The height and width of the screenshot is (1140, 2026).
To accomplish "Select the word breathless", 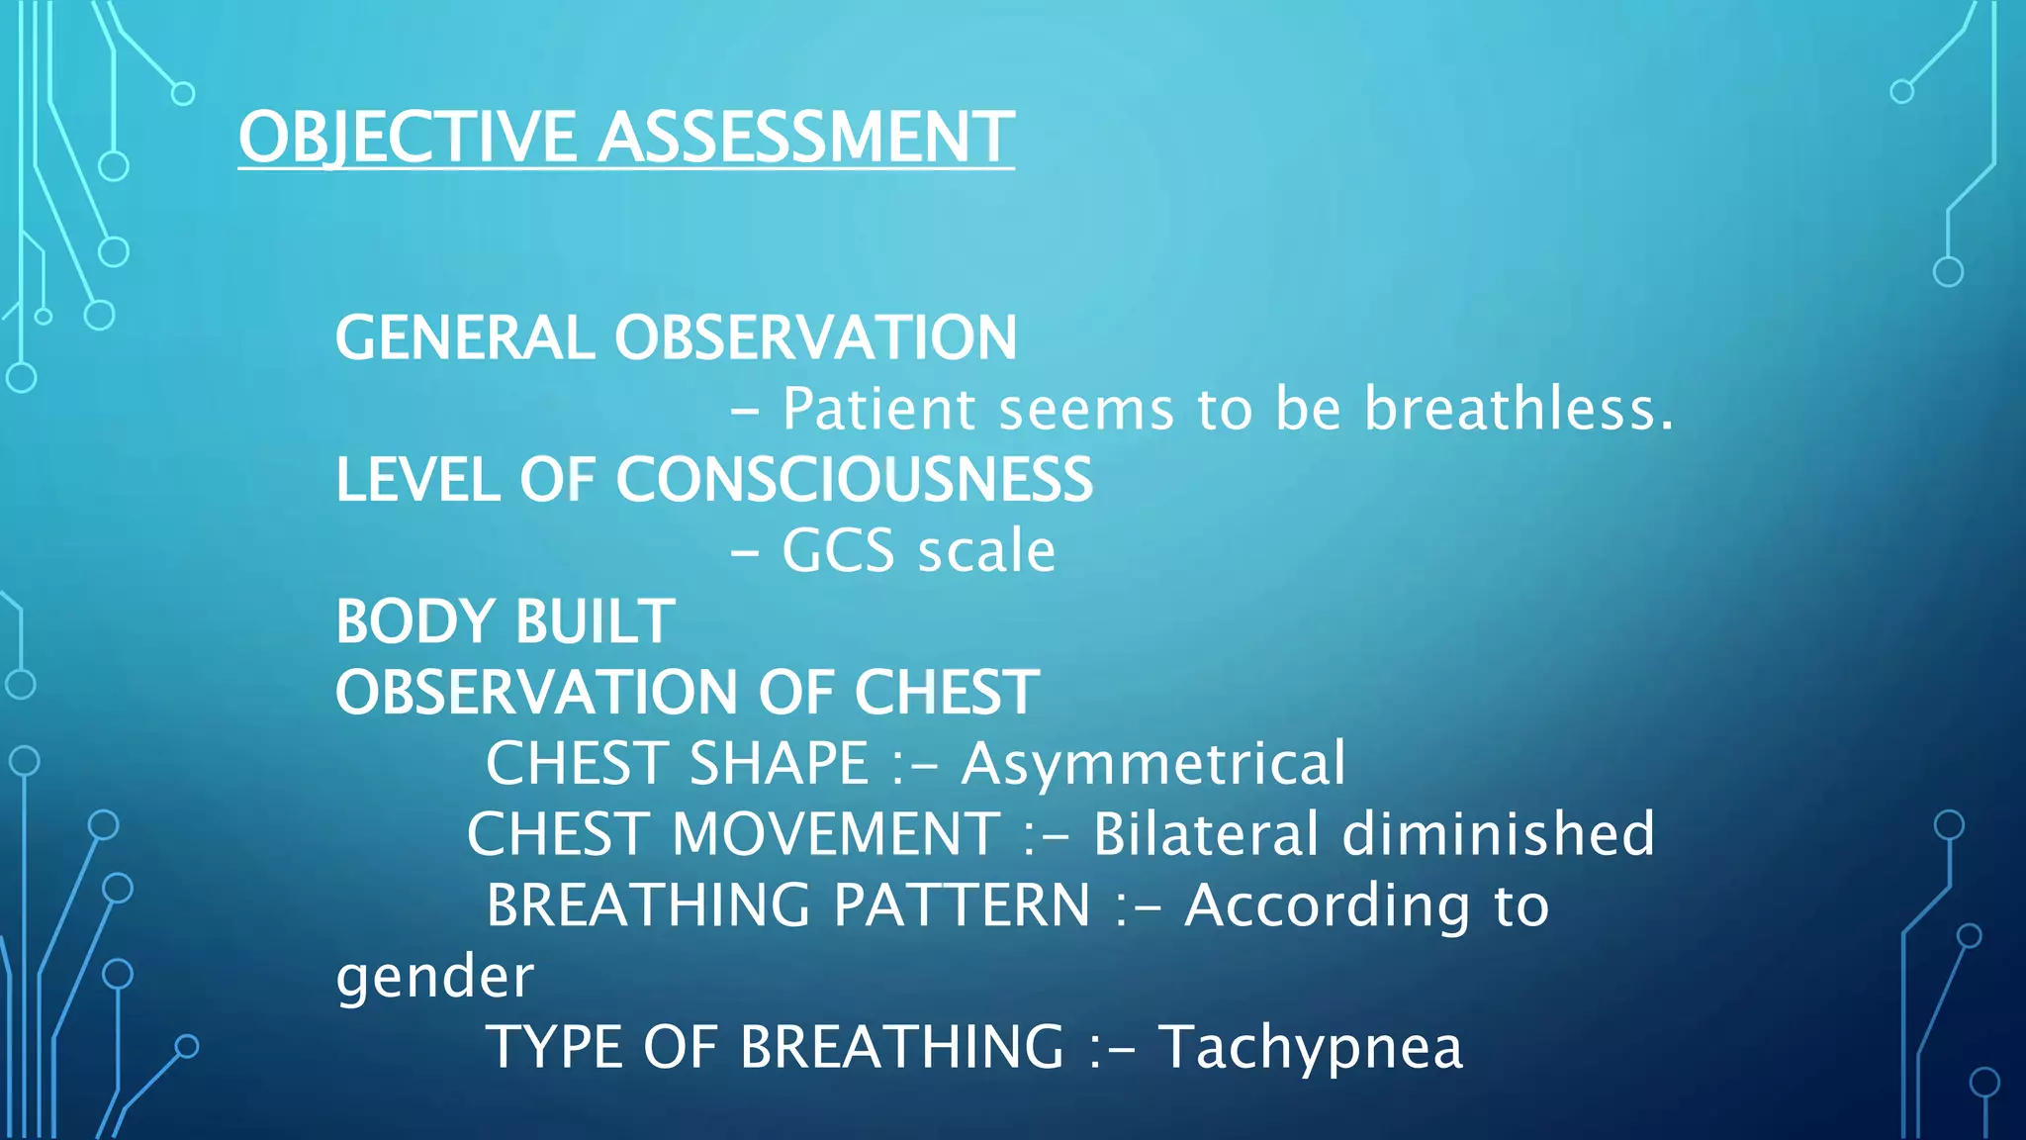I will (x=1519, y=408).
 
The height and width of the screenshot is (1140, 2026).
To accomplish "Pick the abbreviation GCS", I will (x=838, y=550).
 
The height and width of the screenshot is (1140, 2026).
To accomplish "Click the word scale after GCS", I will (x=986, y=550).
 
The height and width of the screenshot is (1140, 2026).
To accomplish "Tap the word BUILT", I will (x=595, y=621).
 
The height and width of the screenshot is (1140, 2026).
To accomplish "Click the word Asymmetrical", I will (x=1153, y=763).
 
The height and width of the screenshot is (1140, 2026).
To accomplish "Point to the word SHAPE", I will (x=779, y=763).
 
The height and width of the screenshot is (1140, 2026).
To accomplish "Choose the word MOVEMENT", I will (x=837, y=834).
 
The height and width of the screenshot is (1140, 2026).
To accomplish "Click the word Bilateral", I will (x=1205, y=834).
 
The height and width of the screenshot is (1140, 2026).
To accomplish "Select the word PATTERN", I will (x=962, y=905).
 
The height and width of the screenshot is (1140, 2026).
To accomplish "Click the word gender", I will (x=434, y=977).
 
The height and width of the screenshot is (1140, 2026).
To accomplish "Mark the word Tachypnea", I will (x=1311, y=1047).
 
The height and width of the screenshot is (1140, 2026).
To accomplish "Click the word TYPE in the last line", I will (x=553, y=1047).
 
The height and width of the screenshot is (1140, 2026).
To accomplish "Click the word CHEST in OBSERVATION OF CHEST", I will (x=946, y=692).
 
